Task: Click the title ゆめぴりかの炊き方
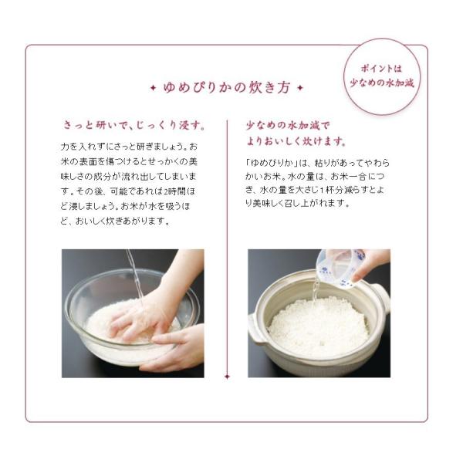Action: point(227,88)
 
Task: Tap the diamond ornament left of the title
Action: point(153,88)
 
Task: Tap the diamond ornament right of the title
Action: point(300,88)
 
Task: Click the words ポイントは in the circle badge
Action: point(381,69)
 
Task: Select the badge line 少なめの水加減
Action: point(381,83)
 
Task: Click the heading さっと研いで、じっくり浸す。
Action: point(134,125)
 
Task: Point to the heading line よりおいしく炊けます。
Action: point(296,141)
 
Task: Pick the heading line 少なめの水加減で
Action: point(288,126)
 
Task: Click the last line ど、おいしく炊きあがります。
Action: point(116,221)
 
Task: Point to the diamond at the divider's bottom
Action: point(227,377)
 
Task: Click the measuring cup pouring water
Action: point(340,267)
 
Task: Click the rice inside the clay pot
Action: point(319,326)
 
